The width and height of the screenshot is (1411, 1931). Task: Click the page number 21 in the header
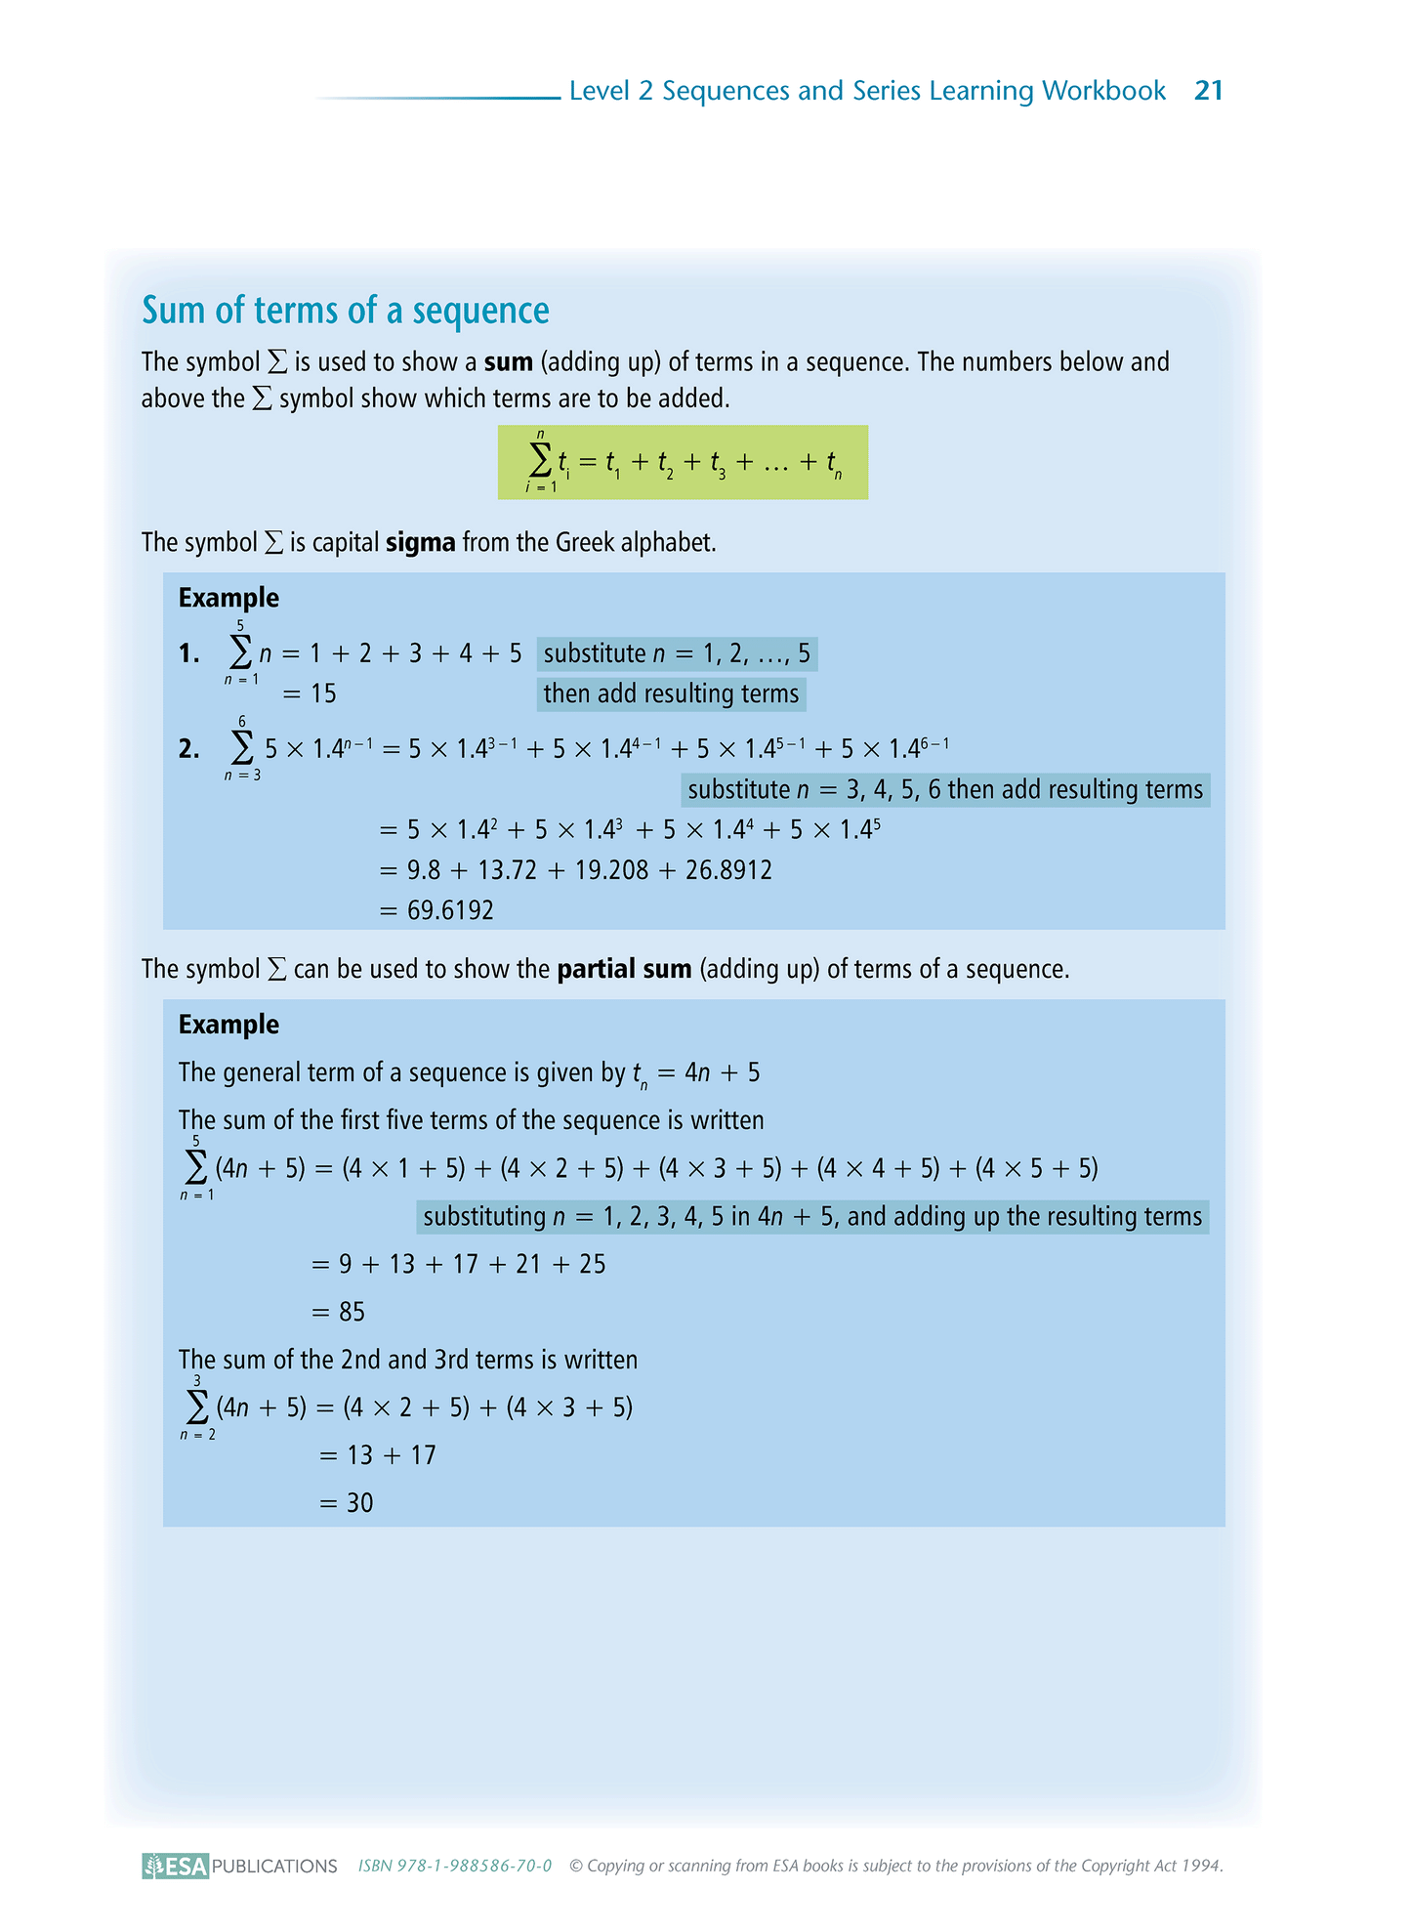pyautogui.click(x=1209, y=91)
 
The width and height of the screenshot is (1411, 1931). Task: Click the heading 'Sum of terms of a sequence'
pyautogui.click(x=346, y=311)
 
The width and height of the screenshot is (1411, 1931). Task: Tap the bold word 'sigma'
pyautogui.click(x=420, y=542)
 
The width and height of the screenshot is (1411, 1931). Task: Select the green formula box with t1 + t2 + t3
pyautogui.click(x=683, y=462)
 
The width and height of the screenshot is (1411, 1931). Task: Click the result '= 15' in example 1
pyautogui.click(x=311, y=694)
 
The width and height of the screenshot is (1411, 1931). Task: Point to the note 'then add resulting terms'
pyautogui.click(x=671, y=694)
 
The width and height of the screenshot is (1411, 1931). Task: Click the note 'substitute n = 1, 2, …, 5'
pyautogui.click(x=677, y=653)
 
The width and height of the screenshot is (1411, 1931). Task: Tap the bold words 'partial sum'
pyautogui.click(x=624, y=969)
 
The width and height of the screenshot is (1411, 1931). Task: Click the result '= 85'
pyautogui.click(x=339, y=1312)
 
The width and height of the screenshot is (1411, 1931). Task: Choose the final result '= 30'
pyautogui.click(x=347, y=1503)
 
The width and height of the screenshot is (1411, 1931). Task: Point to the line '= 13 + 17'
pyautogui.click(x=378, y=1455)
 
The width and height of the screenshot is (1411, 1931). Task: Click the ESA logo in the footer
pyautogui.click(x=176, y=1866)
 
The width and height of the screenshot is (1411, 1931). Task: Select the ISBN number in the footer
pyautogui.click(x=455, y=1866)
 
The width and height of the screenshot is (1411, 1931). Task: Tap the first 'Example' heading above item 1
pyautogui.click(x=228, y=598)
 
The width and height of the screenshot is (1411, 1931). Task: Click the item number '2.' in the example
pyautogui.click(x=188, y=749)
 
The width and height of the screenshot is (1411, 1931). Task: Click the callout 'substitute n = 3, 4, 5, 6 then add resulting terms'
pyautogui.click(x=944, y=790)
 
